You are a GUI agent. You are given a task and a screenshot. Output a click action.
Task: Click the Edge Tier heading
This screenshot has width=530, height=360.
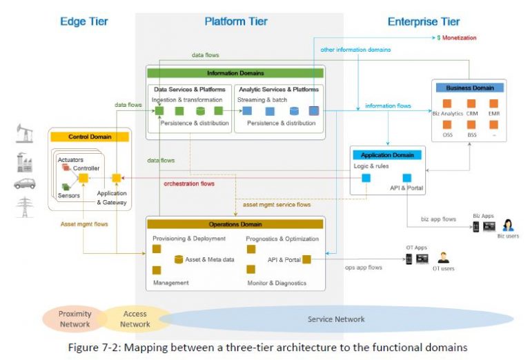tap(84, 21)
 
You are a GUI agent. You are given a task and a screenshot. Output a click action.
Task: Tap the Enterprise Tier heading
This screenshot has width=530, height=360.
tap(423, 21)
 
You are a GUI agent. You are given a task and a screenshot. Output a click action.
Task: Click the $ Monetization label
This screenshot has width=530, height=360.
tap(457, 37)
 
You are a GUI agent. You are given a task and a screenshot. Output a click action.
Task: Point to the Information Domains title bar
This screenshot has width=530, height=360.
tap(235, 72)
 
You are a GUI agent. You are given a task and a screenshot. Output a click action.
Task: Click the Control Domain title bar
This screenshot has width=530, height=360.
tap(90, 137)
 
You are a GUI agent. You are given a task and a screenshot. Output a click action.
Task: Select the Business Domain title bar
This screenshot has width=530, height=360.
tap(469, 88)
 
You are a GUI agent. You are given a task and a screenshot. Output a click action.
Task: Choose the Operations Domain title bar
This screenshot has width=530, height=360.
tap(235, 224)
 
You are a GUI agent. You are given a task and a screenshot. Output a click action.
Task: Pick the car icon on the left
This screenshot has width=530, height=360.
tap(24, 184)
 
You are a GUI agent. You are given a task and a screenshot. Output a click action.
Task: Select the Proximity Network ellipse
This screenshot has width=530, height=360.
tap(74, 319)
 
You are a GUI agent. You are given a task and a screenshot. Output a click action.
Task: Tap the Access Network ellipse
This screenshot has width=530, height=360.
tap(135, 319)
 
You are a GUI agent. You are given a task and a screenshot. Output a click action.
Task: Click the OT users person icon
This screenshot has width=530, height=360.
tap(443, 257)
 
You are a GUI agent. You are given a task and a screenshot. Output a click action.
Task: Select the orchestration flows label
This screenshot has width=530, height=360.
tap(189, 183)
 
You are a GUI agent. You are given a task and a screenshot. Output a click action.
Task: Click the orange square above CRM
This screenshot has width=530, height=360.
tap(471, 104)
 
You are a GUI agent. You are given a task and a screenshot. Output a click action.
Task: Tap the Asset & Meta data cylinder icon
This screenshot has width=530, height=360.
tap(179, 259)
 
